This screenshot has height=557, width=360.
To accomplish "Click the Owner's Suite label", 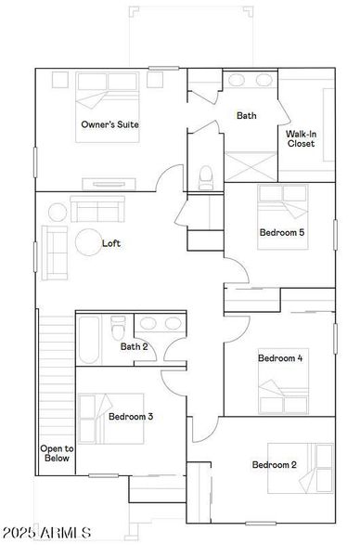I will click(109, 124).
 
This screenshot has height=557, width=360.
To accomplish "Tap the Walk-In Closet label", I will click(302, 139).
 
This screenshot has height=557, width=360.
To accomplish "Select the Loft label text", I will click(111, 244).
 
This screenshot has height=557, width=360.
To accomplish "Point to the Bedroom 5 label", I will click(282, 232).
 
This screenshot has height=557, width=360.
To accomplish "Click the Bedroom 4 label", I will click(279, 358).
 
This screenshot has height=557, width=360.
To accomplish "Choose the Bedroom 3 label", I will click(131, 417).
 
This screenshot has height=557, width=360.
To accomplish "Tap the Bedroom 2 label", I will click(275, 464).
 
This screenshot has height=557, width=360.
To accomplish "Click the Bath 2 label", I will click(135, 347).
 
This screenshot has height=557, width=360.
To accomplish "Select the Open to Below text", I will click(56, 453).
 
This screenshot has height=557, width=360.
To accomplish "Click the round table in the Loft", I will click(91, 242).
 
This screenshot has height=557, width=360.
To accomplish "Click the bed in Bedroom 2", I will click(302, 467).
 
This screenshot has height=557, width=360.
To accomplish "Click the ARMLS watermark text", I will click(47, 534).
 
